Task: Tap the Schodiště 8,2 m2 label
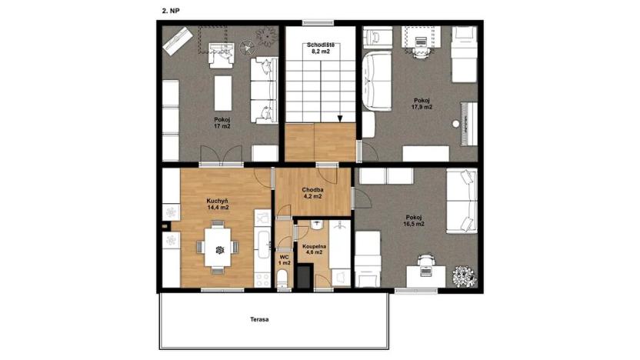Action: (x=321, y=48)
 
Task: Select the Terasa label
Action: (x=259, y=319)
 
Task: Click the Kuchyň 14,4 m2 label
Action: (x=217, y=204)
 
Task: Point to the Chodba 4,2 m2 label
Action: (x=312, y=192)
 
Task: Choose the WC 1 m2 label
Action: (x=284, y=260)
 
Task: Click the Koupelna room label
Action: (x=314, y=246)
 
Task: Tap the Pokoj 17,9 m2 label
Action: (x=422, y=104)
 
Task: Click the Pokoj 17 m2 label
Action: (x=222, y=123)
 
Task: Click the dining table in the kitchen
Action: (x=218, y=248)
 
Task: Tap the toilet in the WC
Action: (x=282, y=281)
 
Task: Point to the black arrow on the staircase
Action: (x=339, y=118)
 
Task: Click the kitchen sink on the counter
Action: (x=262, y=245)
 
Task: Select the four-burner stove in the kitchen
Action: (x=262, y=279)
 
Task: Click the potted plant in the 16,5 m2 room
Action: (x=465, y=276)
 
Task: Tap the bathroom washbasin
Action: (x=317, y=225)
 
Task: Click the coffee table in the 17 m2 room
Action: (x=223, y=93)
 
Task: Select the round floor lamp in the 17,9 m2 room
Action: (x=455, y=123)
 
